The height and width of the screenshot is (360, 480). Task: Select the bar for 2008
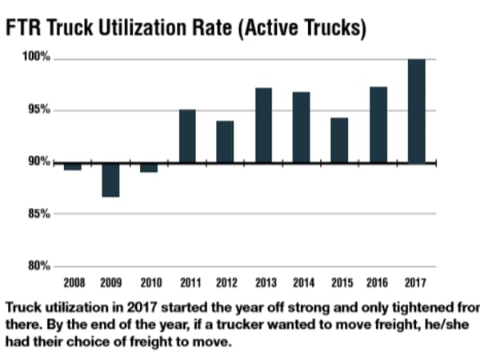pyautogui.click(x=72, y=166)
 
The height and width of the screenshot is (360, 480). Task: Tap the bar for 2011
pyautogui.click(x=187, y=136)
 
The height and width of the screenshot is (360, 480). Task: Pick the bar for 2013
pyautogui.click(x=263, y=126)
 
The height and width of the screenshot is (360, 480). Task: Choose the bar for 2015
pyautogui.click(x=340, y=141)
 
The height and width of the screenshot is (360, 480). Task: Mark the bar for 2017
pyautogui.click(x=416, y=111)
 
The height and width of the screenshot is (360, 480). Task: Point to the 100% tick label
pyautogui.click(x=37, y=58)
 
